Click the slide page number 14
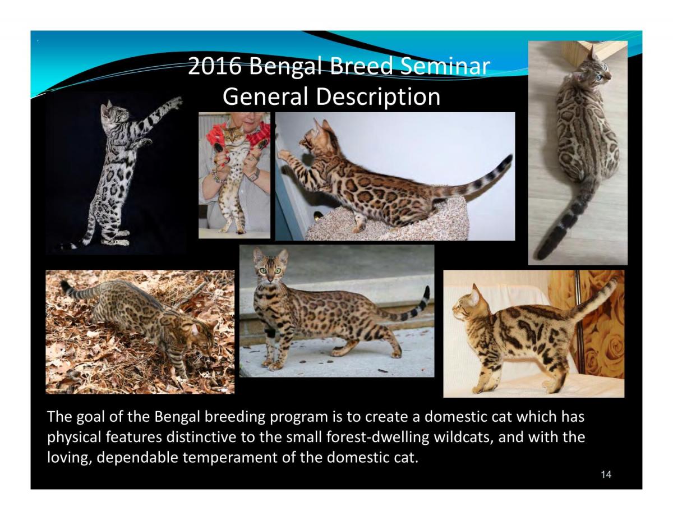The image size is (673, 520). (606, 475)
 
